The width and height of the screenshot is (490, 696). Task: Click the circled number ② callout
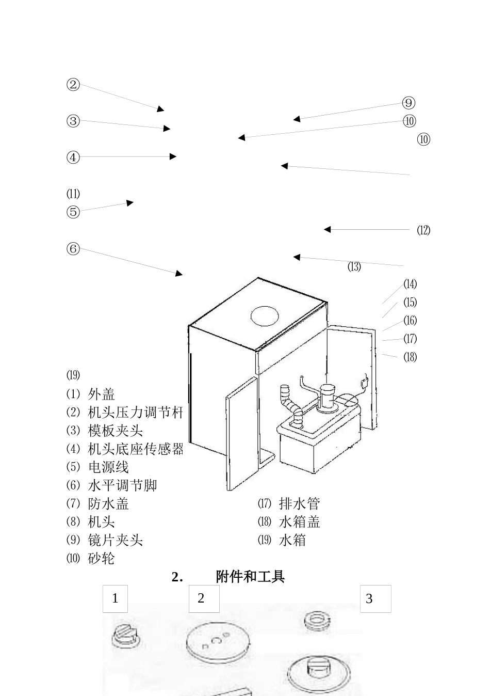pos(73,85)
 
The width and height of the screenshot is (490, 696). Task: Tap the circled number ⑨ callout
pos(409,103)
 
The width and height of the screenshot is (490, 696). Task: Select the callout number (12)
pos(423,230)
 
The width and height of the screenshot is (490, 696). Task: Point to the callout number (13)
pos(354,267)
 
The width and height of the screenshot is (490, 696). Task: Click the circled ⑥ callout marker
pos(73,249)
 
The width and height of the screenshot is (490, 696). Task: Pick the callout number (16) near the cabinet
pos(410,321)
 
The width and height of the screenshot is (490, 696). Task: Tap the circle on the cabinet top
pos(265,315)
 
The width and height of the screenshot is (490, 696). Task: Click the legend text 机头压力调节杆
pos(136,413)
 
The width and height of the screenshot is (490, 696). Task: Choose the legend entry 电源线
pos(108,467)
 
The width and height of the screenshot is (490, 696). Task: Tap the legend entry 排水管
pos(299,503)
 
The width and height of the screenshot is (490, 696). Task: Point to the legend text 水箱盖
pos(299,522)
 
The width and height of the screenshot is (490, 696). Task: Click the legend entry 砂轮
pos(102,559)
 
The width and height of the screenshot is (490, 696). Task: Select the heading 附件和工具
pos(250,577)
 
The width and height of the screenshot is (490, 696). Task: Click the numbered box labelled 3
pos(375,599)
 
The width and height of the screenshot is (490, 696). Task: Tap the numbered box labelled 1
pos(115,598)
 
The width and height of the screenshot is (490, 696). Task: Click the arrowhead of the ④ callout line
pos(173,156)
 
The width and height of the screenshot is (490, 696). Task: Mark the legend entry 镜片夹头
pos(115,540)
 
